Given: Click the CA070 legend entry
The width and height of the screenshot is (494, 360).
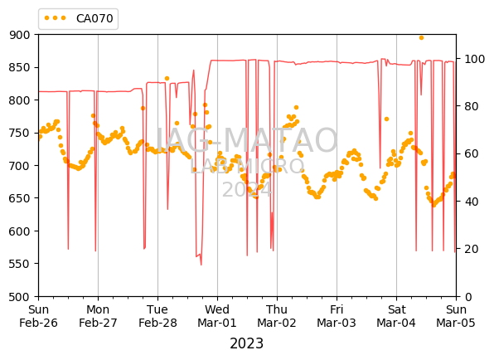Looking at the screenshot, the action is click(79, 18).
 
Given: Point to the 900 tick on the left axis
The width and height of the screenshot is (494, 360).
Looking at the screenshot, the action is click(20, 35).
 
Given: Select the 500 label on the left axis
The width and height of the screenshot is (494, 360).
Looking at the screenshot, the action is click(20, 297).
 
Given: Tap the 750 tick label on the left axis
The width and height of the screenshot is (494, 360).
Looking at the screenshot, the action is click(20, 133).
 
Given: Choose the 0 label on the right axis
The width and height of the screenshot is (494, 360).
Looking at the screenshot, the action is click(467, 297).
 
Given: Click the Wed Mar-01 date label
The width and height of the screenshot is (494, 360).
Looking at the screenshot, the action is click(217, 316).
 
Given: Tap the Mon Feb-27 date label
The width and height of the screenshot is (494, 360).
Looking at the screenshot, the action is click(98, 316).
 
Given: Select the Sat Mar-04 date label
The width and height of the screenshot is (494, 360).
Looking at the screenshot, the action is click(396, 316).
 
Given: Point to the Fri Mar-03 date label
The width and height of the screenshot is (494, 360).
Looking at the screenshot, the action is click(337, 316).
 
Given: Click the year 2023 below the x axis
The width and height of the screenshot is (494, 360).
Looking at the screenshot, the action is click(247, 343).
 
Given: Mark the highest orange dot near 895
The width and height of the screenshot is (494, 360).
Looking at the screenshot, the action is click(421, 38).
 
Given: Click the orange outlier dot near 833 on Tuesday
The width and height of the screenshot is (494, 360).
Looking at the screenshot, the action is click(167, 79).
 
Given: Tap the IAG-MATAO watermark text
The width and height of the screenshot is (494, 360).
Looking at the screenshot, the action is click(247, 140).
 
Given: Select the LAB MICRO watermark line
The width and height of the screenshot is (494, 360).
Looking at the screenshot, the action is click(247, 166).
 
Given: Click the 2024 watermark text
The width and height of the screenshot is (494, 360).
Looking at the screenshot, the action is click(247, 190).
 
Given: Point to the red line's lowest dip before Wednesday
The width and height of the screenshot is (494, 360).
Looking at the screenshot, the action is click(201, 265).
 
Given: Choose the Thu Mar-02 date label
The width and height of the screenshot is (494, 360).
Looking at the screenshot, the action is click(277, 316).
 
